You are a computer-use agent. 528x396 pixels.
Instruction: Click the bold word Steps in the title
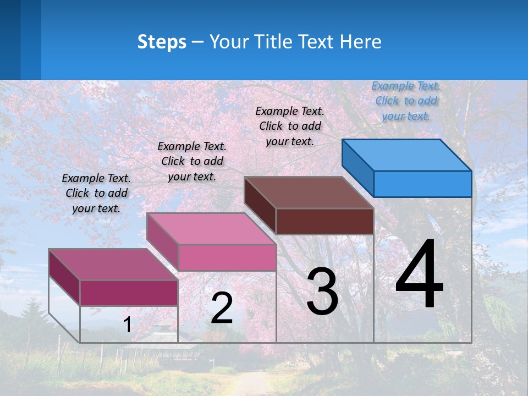(x=162, y=42)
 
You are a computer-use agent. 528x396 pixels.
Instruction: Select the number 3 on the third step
(x=322, y=291)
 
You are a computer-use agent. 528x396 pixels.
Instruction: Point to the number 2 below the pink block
(x=222, y=308)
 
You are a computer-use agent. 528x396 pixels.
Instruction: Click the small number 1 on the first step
(x=127, y=324)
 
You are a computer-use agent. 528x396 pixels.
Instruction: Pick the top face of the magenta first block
(x=113, y=265)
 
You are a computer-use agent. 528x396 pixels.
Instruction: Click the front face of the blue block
(x=422, y=184)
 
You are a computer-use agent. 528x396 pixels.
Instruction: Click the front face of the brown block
(x=324, y=221)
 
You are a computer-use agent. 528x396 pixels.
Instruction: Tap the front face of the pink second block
(x=227, y=257)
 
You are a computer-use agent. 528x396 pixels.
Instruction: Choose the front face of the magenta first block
(x=129, y=293)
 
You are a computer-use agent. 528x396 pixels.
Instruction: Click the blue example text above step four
(x=406, y=101)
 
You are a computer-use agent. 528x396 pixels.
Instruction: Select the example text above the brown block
(x=290, y=126)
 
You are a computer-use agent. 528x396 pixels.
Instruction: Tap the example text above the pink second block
(x=192, y=161)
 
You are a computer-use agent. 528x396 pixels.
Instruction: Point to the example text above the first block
(x=96, y=193)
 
